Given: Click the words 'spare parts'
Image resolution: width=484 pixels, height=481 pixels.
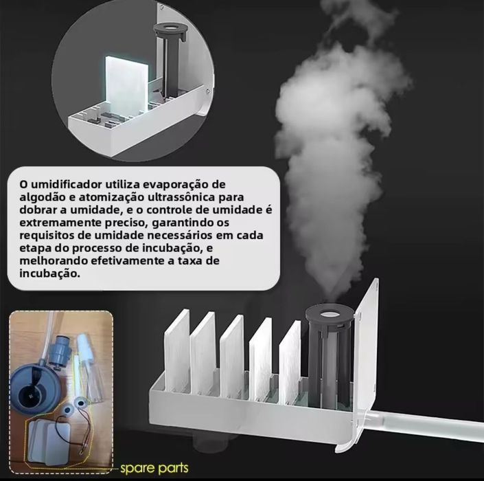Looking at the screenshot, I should pyautogui.click(x=154, y=469).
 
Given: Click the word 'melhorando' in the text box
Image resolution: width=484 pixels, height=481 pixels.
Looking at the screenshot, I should pyautogui.click(x=49, y=260).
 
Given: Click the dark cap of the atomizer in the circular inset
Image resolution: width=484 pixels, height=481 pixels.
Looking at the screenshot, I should pyautogui.click(x=170, y=31).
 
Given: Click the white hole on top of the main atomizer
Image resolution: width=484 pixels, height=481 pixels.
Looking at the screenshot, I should pyautogui.click(x=330, y=314).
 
